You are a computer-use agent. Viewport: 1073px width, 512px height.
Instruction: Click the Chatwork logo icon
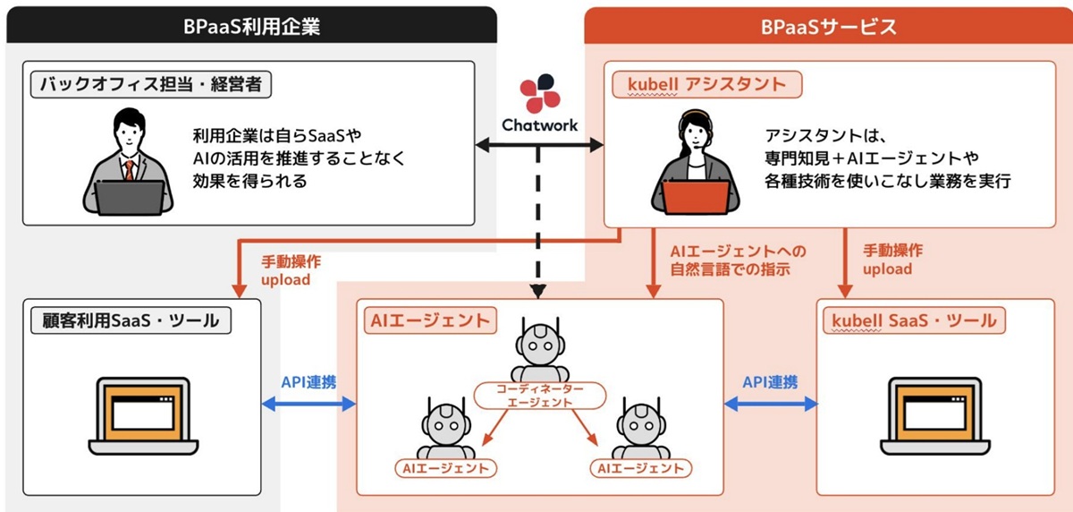tap(540, 92)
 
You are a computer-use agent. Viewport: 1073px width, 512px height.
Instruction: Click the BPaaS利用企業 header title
tap(251, 26)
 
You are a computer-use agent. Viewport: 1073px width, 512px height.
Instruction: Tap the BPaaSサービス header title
tap(828, 26)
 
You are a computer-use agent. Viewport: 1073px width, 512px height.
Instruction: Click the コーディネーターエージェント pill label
tap(539, 396)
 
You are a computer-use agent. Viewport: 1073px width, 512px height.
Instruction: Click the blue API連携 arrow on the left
tap(308, 405)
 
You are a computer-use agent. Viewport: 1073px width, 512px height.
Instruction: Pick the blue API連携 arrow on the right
tap(770, 405)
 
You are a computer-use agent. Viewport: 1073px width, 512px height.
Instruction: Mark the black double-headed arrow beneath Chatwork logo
tap(539, 143)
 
